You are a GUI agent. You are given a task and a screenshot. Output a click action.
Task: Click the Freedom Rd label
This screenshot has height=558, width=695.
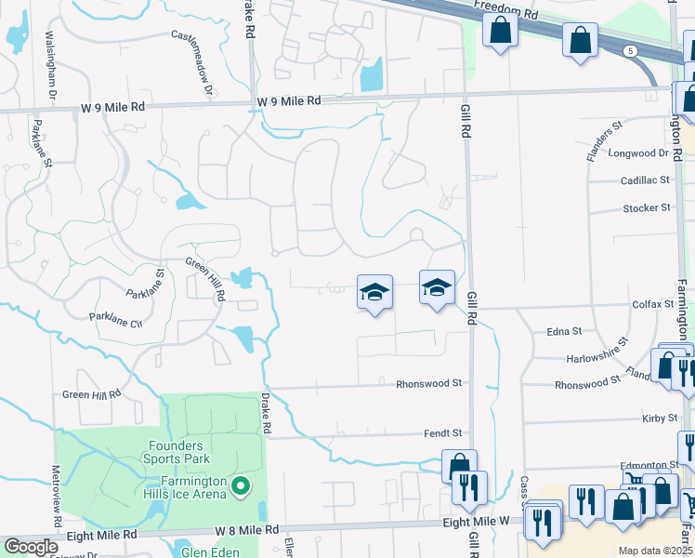[505, 9]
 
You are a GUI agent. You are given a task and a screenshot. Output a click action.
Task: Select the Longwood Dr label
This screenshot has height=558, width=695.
[638, 153]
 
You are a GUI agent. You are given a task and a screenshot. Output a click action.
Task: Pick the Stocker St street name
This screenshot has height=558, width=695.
[647, 207]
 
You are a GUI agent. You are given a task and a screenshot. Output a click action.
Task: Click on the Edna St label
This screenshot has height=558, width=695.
[564, 330]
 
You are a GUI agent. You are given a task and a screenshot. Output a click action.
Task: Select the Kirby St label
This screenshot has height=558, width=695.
[660, 418]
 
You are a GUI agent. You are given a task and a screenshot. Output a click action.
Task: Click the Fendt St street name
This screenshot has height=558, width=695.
[443, 432]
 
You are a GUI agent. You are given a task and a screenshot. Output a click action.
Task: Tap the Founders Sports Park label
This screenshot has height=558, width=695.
[177, 451]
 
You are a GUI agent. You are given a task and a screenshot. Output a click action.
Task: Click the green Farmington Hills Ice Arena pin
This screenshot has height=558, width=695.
[241, 485]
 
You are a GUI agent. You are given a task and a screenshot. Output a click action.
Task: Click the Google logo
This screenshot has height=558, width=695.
[31, 547]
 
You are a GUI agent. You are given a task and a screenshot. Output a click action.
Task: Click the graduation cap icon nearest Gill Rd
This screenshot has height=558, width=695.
[437, 287]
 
